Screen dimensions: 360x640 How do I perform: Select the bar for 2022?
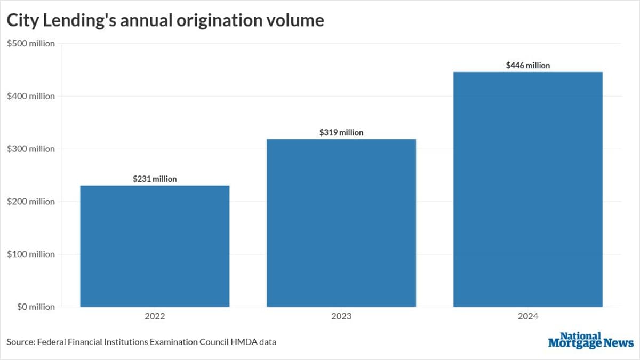155,246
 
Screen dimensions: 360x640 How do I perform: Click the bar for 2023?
341,223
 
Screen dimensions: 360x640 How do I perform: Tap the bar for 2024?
528,189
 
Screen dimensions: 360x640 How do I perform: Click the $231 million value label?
155,179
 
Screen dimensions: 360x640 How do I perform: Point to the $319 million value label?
341,132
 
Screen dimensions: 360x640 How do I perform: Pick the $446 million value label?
528,66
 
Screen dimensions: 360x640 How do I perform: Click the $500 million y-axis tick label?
31,44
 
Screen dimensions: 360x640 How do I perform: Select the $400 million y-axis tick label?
31,96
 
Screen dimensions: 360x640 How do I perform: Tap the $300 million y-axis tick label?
31,149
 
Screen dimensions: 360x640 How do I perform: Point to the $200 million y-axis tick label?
31,202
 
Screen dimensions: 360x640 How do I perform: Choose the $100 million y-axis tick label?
31,254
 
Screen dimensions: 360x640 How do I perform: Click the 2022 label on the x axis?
155,316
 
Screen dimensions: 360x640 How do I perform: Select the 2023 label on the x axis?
341,316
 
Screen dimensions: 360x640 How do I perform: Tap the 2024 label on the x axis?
528,316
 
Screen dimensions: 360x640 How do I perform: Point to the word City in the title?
22,20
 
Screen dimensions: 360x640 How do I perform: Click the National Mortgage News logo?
590,340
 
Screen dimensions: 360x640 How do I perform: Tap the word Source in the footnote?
20,342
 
